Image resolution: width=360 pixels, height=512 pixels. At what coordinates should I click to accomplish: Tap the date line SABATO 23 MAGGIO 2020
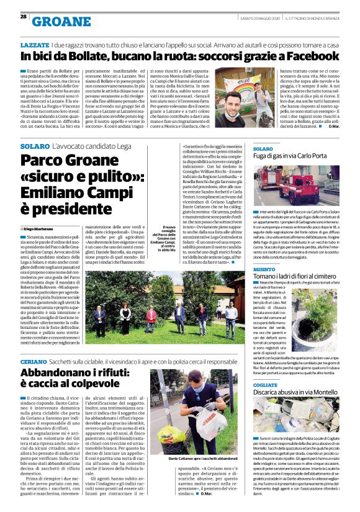259,17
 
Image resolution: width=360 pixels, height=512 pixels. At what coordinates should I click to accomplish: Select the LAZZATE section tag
35,45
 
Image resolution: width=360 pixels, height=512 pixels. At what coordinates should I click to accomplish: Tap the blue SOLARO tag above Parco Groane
34,146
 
